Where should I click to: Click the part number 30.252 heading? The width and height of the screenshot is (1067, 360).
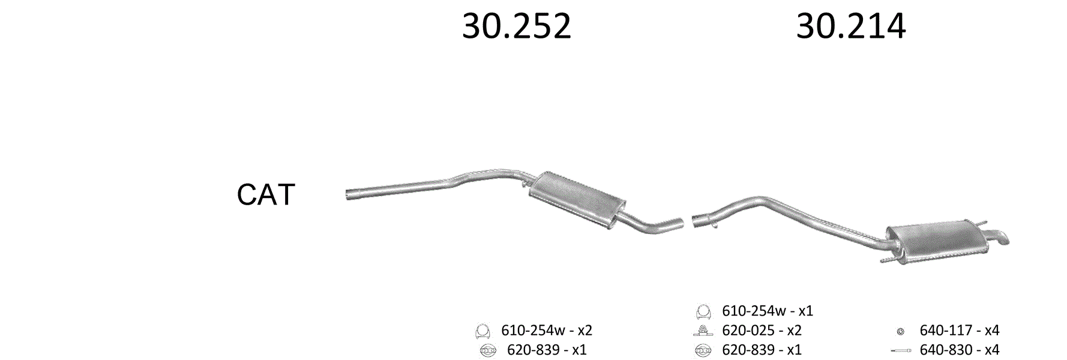(x=516, y=26)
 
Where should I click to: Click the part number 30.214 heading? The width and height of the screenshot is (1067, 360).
(x=851, y=26)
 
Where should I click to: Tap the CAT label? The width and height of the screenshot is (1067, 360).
(x=266, y=194)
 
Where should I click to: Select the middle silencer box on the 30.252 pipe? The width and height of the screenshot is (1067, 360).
(x=576, y=200)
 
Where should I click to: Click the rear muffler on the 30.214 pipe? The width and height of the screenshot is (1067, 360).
(x=936, y=242)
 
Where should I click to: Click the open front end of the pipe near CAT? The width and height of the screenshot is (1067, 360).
(x=348, y=194)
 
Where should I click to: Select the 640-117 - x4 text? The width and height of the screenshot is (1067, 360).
(x=959, y=330)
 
